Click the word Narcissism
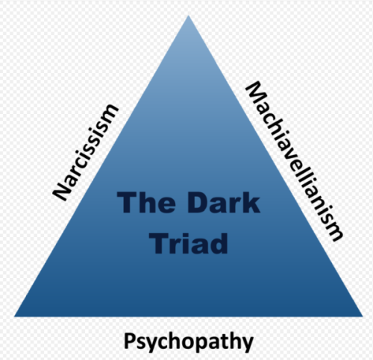click(85, 152)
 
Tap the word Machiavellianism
click(295, 162)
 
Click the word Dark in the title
click(223, 203)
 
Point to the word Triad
click(189, 243)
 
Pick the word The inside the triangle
click(146, 203)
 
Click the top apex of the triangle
click(188, 16)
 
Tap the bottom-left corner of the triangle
click(14, 316)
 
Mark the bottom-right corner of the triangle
click(363, 316)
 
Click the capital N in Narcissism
click(61, 191)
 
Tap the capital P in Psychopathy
click(129, 341)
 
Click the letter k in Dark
click(251, 203)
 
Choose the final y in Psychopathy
click(248, 345)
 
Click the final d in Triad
click(219, 243)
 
